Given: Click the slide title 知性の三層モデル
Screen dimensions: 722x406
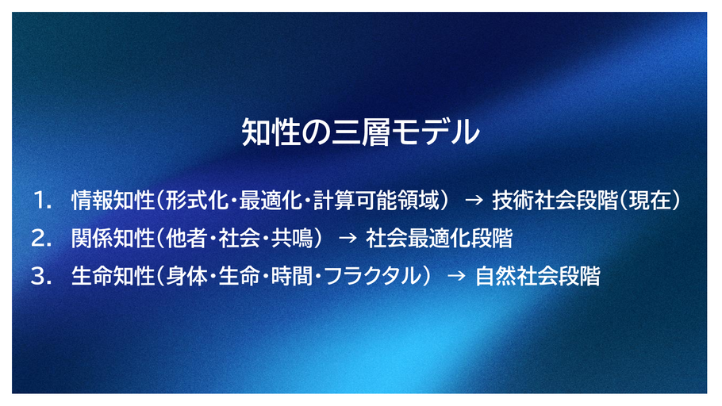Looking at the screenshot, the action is (x=360, y=132).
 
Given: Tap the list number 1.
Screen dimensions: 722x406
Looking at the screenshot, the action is (x=42, y=201).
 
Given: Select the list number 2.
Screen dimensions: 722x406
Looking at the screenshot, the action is (x=41, y=239).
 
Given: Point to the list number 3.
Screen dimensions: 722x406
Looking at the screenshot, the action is (x=41, y=277).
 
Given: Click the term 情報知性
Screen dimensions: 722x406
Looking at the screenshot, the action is (x=113, y=201).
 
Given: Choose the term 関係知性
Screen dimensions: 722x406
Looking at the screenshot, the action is (x=113, y=239).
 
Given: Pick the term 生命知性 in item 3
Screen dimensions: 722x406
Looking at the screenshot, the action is (x=113, y=277).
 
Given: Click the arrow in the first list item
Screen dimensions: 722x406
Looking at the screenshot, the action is (x=474, y=201).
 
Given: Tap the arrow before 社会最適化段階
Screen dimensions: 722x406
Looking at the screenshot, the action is (x=348, y=239).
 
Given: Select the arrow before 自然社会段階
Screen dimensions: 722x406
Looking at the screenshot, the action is (x=457, y=277).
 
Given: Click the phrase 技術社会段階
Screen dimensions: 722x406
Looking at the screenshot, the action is (x=555, y=201).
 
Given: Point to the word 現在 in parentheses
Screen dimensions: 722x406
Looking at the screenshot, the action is (x=650, y=201).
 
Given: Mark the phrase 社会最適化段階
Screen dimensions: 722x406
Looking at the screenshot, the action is (x=439, y=239).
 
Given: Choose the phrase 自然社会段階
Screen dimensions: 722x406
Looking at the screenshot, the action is (x=538, y=277).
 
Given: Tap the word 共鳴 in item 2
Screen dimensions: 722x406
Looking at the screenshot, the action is (x=292, y=239).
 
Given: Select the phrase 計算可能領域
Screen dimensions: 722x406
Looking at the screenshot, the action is (x=376, y=201).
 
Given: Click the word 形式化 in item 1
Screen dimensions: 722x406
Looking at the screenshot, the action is (x=197, y=201).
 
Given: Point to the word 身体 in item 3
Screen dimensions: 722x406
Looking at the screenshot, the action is (x=186, y=277).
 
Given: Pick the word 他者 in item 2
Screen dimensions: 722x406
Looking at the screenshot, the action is (x=186, y=239).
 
